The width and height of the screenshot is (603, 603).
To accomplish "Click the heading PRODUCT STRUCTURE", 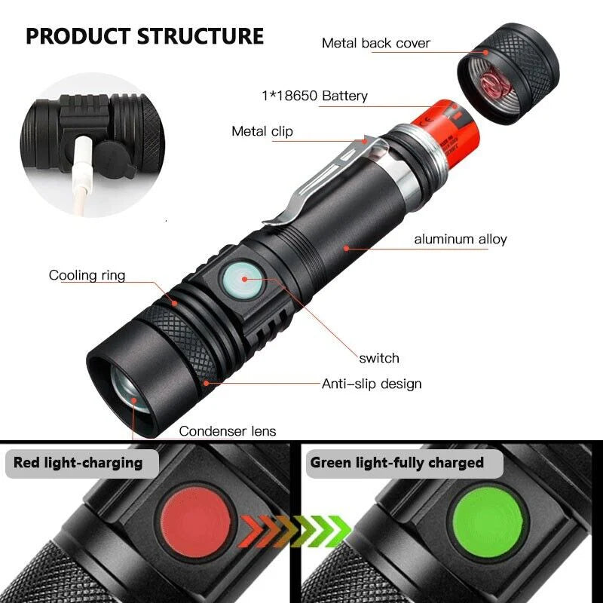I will coord(145,36).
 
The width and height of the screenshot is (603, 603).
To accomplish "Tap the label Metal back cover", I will coord(376,43).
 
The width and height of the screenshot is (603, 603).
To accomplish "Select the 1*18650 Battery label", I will coord(314,96).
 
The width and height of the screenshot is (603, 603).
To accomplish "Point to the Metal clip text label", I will coord(262,132).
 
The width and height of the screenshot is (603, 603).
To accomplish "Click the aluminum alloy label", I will coord(461,240).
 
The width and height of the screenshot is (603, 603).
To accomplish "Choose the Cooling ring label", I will coord(87,275).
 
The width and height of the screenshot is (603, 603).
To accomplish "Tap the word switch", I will coord(379,357).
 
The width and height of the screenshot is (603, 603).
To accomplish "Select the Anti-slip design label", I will coord(372,384).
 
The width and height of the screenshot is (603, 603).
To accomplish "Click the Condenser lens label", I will coord(228,431).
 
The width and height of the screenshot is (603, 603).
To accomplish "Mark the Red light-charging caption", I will coord(78,462).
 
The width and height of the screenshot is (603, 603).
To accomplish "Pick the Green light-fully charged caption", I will coord(397,462).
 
